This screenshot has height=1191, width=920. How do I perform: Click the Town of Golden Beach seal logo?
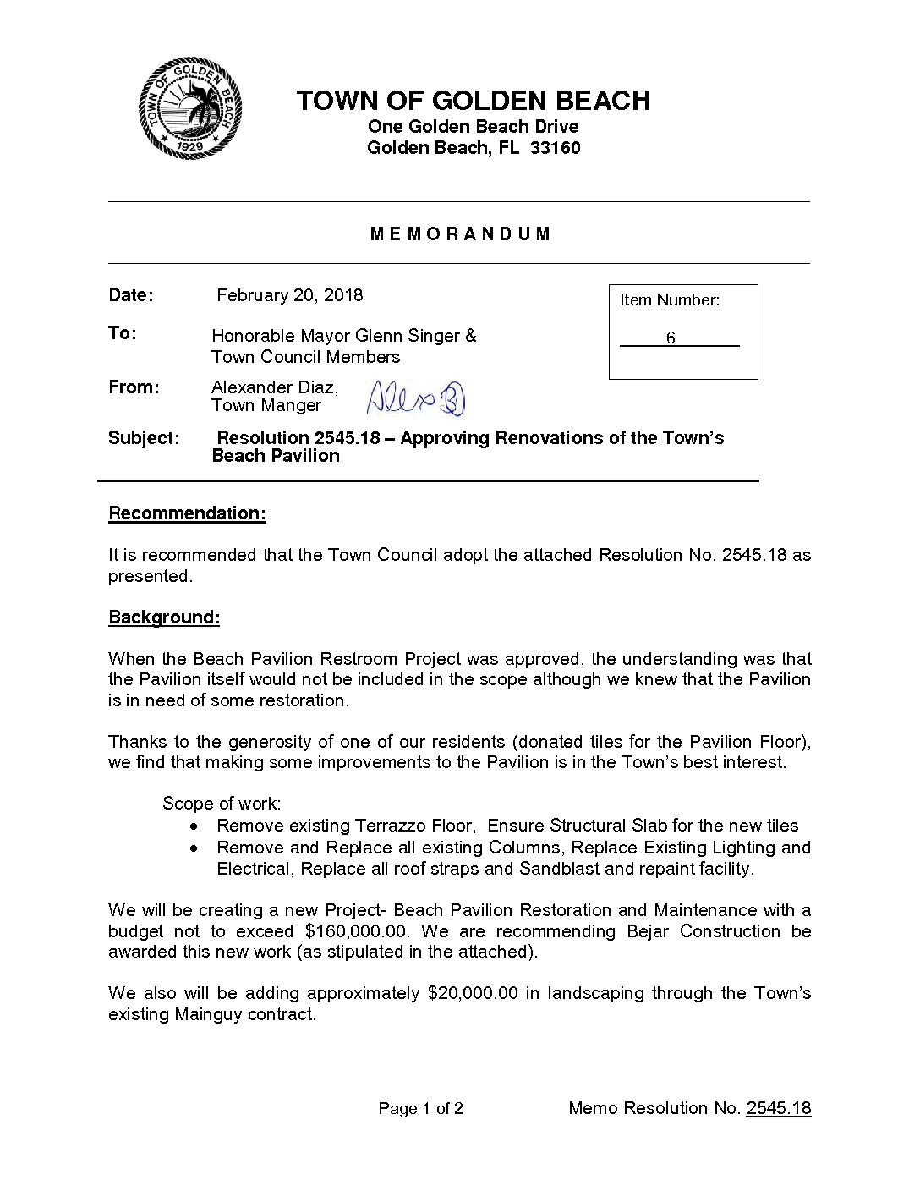190,108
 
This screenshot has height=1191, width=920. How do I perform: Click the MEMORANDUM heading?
460,234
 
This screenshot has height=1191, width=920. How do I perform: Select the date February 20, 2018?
289,295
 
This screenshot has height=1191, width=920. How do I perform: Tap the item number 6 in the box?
671,338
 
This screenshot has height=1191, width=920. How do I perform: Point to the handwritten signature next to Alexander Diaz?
416,398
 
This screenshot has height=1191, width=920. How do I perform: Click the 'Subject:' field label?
144,438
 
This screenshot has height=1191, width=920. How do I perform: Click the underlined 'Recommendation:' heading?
187,514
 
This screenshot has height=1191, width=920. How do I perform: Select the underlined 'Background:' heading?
164,617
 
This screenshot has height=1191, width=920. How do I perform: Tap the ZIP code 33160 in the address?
555,149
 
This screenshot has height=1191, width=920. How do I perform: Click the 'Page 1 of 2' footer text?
420,1109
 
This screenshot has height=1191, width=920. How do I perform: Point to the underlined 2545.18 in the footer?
778,1109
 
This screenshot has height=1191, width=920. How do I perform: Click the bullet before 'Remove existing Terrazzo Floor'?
195,826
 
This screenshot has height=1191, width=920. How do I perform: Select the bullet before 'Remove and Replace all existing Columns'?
195,848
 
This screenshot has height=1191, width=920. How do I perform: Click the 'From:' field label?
134,387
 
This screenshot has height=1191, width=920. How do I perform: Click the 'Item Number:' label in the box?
670,300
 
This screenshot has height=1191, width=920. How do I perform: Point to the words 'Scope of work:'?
222,803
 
